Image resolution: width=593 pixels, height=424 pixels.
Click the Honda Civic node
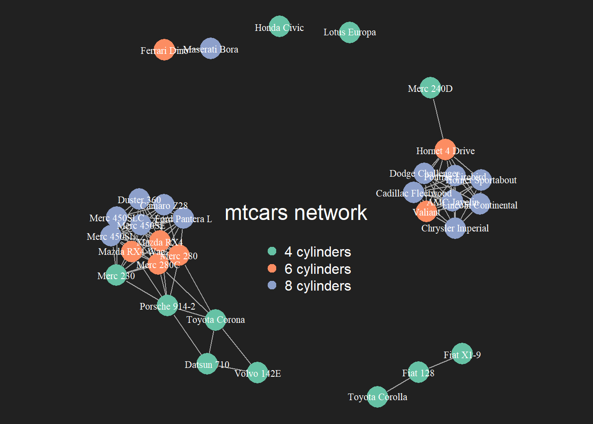click(279, 26)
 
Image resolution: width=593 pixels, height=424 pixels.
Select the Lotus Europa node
click(349, 33)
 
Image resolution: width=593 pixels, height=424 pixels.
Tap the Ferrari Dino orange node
click(164, 50)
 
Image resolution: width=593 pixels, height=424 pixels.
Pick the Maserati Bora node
click(210, 49)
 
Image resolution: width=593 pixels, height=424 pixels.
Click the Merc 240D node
click(430, 88)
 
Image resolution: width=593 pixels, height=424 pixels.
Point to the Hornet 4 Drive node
click(445, 150)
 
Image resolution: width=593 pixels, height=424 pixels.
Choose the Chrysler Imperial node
click(455, 228)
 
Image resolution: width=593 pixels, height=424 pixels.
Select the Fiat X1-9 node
click(462, 354)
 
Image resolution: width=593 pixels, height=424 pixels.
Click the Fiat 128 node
click(418, 372)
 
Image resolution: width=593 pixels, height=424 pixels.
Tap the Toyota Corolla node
click(377, 397)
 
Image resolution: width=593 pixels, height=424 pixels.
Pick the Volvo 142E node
click(257, 373)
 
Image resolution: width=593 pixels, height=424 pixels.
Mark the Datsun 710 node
click(207, 364)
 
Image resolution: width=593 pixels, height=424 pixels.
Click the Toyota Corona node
click(215, 320)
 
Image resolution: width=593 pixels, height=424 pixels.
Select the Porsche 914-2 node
click(167, 306)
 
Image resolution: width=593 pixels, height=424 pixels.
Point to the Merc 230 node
click(116, 275)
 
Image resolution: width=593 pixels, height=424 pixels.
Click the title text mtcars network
click(296, 213)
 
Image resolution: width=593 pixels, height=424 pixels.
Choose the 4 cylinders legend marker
click(272, 251)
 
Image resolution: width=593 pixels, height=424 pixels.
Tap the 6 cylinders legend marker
click(272, 269)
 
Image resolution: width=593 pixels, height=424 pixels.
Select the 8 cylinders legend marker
click(272, 285)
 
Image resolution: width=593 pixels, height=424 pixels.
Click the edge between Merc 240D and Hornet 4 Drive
click(438, 119)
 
